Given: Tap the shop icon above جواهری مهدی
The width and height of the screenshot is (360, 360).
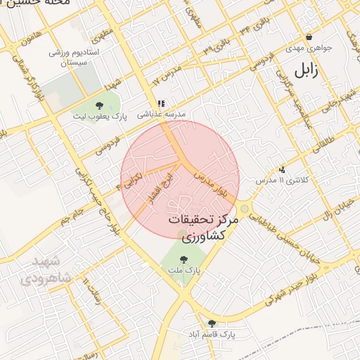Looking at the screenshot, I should tap(309, 37).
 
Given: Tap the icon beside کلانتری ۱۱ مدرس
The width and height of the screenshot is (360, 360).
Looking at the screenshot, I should tap(282, 169).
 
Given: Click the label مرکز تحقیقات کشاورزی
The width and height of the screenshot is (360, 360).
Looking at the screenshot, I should tap(205, 228).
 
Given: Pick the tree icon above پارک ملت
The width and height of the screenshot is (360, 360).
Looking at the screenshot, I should tap(184, 259).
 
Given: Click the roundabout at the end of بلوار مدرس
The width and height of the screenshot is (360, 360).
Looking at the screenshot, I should tap(244, 208).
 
